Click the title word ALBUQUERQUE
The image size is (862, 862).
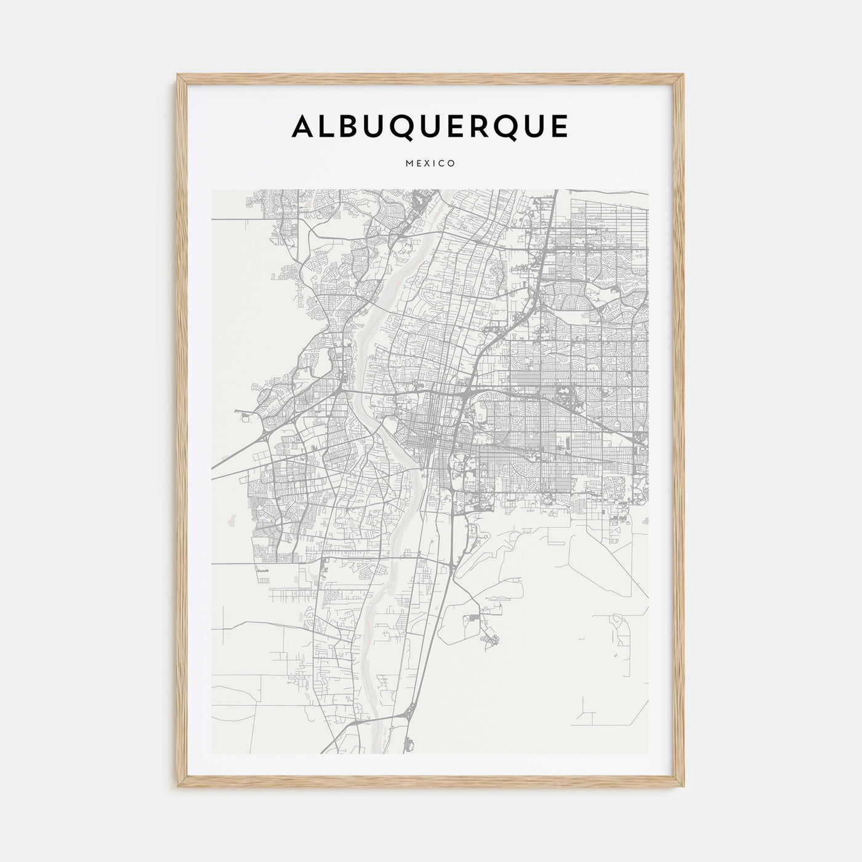[x=430, y=127]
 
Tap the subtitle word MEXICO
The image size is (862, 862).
[x=430, y=164]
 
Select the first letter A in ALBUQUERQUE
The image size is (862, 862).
[x=304, y=127]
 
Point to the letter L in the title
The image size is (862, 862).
[x=329, y=127]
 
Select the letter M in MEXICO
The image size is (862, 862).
[x=409, y=164]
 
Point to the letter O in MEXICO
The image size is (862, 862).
[x=451, y=164]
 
